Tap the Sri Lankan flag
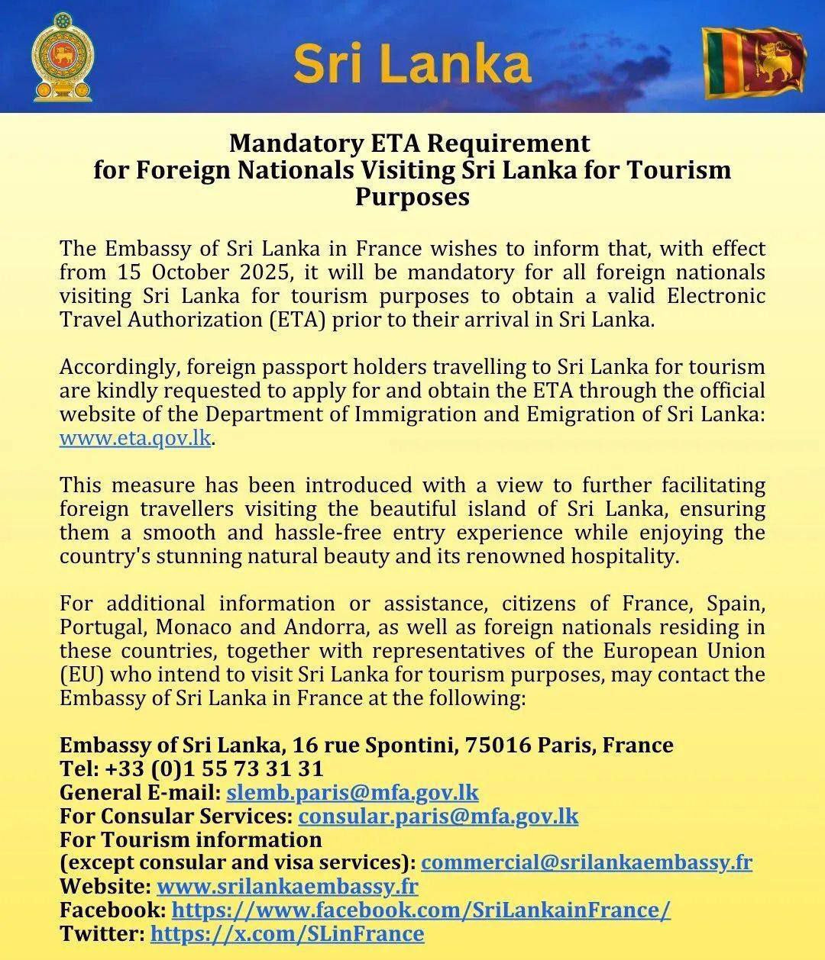755,62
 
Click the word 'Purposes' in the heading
412,197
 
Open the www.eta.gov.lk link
134,439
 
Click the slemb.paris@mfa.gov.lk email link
352,792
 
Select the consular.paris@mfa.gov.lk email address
438,816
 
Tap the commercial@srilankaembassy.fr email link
587,862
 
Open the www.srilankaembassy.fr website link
287,887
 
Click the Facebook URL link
421,910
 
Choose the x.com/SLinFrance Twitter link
287,934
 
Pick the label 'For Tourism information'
191,839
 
